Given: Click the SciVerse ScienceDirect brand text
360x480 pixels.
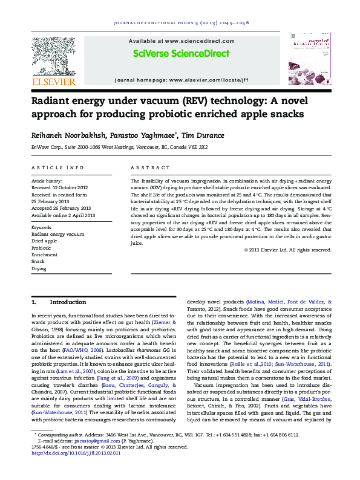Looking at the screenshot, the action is pos(181,54).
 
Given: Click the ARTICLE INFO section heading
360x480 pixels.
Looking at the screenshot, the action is pos(58,167).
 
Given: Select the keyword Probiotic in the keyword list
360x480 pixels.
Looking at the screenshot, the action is pos(41,248).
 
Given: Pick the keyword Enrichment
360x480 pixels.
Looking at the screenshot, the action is pos(44,255).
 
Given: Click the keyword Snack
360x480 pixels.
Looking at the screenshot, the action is pos(39,261).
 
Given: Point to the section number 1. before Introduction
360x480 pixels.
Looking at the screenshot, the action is pos(34,302).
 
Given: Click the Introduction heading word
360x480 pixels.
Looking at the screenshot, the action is pos(68,302).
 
